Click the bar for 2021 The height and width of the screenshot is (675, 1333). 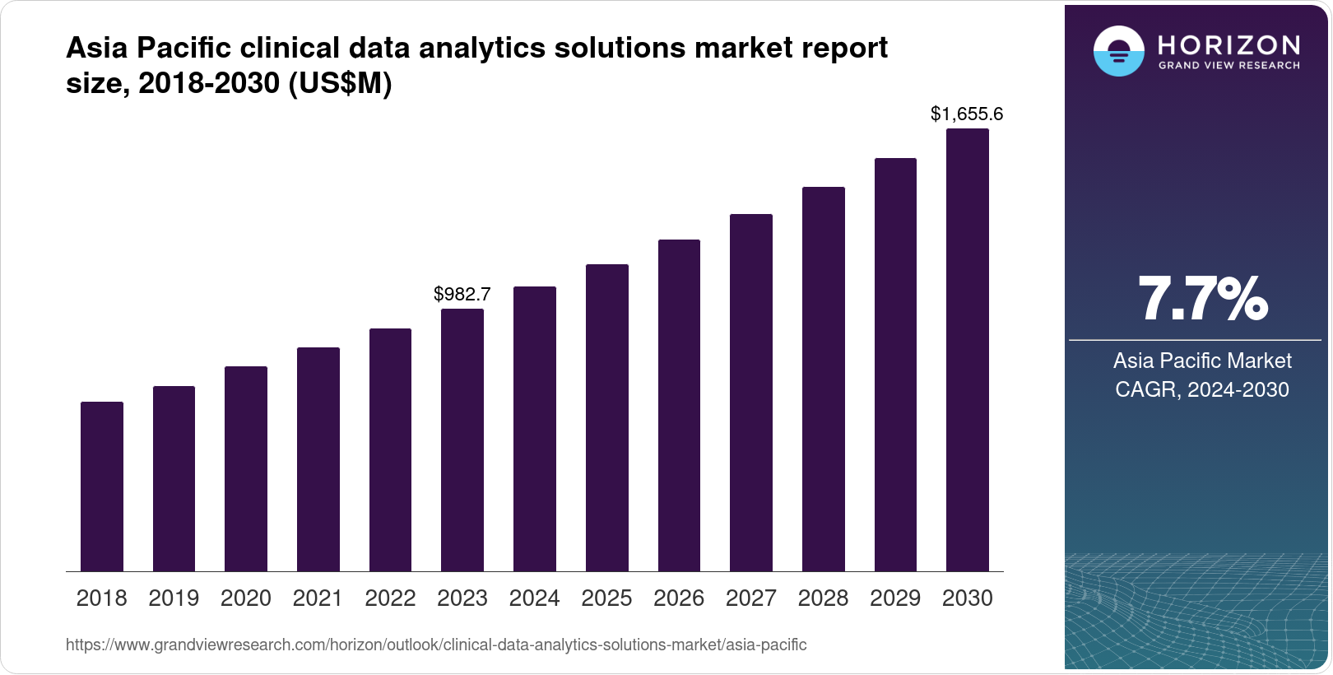(x=318, y=459)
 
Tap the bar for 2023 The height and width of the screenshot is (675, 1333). (x=462, y=440)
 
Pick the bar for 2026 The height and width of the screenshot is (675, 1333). (x=679, y=405)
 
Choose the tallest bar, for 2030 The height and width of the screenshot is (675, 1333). (x=968, y=350)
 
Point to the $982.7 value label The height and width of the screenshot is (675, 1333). (x=462, y=294)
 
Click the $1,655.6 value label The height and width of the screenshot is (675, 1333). (x=967, y=114)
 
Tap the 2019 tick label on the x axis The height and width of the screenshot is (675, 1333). (x=174, y=598)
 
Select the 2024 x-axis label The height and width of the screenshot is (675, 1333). (x=534, y=598)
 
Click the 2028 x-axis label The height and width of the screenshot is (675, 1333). (x=823, y=598)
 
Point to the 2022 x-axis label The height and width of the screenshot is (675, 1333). (x=390, y=598)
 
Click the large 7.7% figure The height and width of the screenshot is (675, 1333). (x=1202, y=300)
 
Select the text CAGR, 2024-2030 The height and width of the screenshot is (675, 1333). (x=1202, y=389)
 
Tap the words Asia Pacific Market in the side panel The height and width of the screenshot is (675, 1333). (x=1202, y=361)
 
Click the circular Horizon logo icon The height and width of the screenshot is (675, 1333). (x=1118, y=51)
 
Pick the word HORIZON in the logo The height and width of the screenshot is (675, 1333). (x=1229, y=44)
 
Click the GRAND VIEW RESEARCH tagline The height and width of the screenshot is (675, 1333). (x=1229, y=65)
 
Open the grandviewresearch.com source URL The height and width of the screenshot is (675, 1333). (x=436, y=645)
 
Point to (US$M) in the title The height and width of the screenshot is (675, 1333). (x=339, y=83)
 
